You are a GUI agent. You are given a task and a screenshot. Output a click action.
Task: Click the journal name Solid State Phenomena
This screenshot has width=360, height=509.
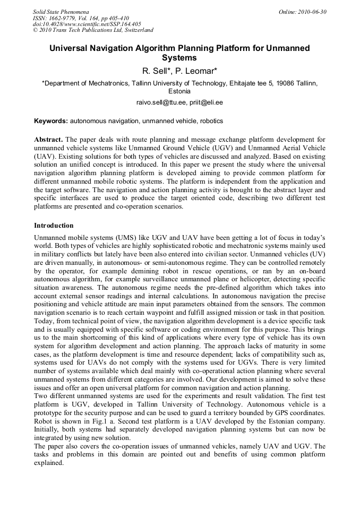coord(61,12)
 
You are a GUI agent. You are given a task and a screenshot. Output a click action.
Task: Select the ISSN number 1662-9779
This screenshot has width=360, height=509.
coord(64,18)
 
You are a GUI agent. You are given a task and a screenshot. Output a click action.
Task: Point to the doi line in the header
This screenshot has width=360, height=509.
coord(87,24)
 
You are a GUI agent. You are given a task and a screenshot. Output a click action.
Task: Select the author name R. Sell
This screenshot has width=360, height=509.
coord(157,71)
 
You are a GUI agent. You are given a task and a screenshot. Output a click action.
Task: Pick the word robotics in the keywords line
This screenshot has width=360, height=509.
coord(211,121)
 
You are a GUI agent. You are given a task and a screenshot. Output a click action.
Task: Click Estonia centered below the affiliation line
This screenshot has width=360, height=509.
coord(179,91)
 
